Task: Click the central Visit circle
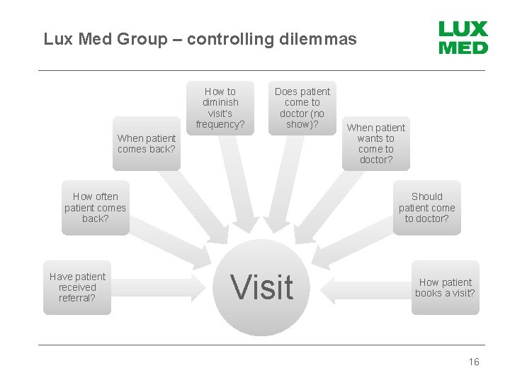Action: click(x=262, y=287)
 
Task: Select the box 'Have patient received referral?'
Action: click(x=77, y=287)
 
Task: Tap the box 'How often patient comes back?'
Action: click(x=95, y=208)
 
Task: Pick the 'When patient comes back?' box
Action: click(x=147, y=143)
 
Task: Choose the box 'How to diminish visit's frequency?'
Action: click(x=220, y=108)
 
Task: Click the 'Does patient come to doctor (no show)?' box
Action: click(x=302, y=108)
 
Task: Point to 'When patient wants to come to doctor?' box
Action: click(x=375, y=143)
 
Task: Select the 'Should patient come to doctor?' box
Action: click(x=426, y=208)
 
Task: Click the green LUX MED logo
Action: click(x=463, y=38)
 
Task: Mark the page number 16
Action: click(x=474, y=362)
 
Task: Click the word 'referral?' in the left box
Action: click(x=77, y=298)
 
